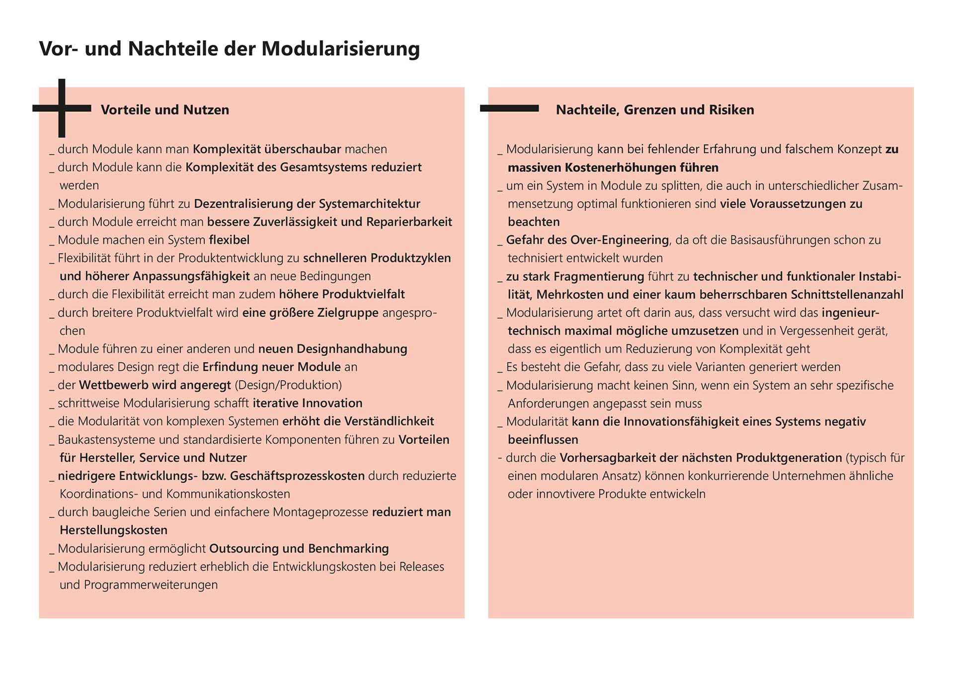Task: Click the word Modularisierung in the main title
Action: tap(340, 49)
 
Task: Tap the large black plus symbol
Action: tap(62, 108)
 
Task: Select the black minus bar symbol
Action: tap(509, 108)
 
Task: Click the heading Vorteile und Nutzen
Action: tap(165, 110)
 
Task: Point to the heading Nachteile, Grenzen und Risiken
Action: tap(654, 110)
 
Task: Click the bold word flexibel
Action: tap(229, 240)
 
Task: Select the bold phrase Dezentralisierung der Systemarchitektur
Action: tap(307, 204)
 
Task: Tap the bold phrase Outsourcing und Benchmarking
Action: tap(299, 549)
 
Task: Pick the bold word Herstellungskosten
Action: tap(113, 530)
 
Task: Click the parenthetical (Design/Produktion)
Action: tap(288, 385)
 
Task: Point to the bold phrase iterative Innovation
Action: tap(308, 403)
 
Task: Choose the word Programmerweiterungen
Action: tap(151, 585)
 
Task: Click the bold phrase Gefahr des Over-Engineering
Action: tap(587, 240)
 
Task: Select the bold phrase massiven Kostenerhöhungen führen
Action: tap(613, 168)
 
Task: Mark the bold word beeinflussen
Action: tap(543, 440)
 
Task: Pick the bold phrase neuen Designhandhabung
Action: tap(332, 349)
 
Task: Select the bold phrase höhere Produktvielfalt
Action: tap(342, 294)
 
